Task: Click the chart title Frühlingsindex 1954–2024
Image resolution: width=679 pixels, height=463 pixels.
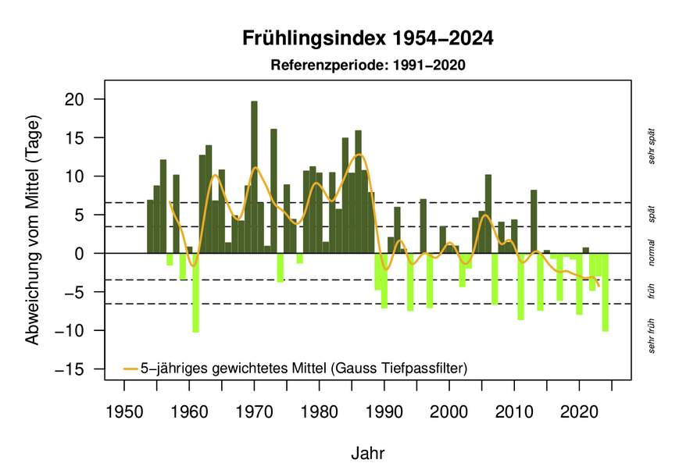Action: [x=367, y=38]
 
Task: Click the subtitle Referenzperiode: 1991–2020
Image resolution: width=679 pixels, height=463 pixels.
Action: [x=367, y=66]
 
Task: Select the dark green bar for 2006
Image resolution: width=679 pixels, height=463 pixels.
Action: [x=488, y=214]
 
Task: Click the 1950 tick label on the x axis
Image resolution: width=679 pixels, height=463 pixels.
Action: [x=123, y=410]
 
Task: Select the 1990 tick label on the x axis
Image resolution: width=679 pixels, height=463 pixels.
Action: [x=384, y=410]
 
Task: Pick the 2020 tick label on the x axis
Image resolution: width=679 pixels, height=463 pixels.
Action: [x=579, y=410]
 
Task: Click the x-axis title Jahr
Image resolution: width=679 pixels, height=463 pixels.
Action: [x=367, y=453]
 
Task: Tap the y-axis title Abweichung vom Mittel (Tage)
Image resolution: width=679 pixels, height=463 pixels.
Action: [x=32, y=232]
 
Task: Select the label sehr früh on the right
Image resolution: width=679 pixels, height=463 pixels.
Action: [x=651, y=336]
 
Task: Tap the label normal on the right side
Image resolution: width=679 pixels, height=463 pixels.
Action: [x=651, y=253]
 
